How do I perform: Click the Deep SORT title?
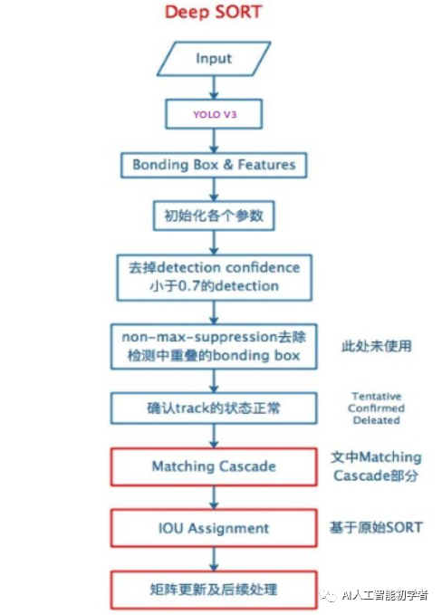tap(214, 12)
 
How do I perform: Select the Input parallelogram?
tap(214, 59)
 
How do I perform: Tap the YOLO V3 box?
tap(214, 114)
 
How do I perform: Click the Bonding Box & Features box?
tap(214, 165)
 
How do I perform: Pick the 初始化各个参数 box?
tap(214, 216)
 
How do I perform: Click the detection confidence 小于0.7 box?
tap(214, 277)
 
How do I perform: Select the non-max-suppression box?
tap(214, 346)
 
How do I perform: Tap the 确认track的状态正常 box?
tap(214, 408)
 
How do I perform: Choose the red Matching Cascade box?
tap(214, 466)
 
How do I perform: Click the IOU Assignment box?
tap(214, 528)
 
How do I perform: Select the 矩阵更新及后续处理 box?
tap(214, 590)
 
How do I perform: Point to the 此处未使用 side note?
tap(377, 346)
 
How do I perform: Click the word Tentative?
tap(377, 396)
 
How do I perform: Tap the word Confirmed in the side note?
tap(377, 408)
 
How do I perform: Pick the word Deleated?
tap(377, 420)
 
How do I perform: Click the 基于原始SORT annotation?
tap(376, 527)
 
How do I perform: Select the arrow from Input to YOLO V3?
tap(214, 88)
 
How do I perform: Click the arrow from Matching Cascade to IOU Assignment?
tap(214, 498)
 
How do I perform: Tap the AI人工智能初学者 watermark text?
tap(385, 595)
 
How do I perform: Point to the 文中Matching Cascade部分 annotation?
tap(376, 466)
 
